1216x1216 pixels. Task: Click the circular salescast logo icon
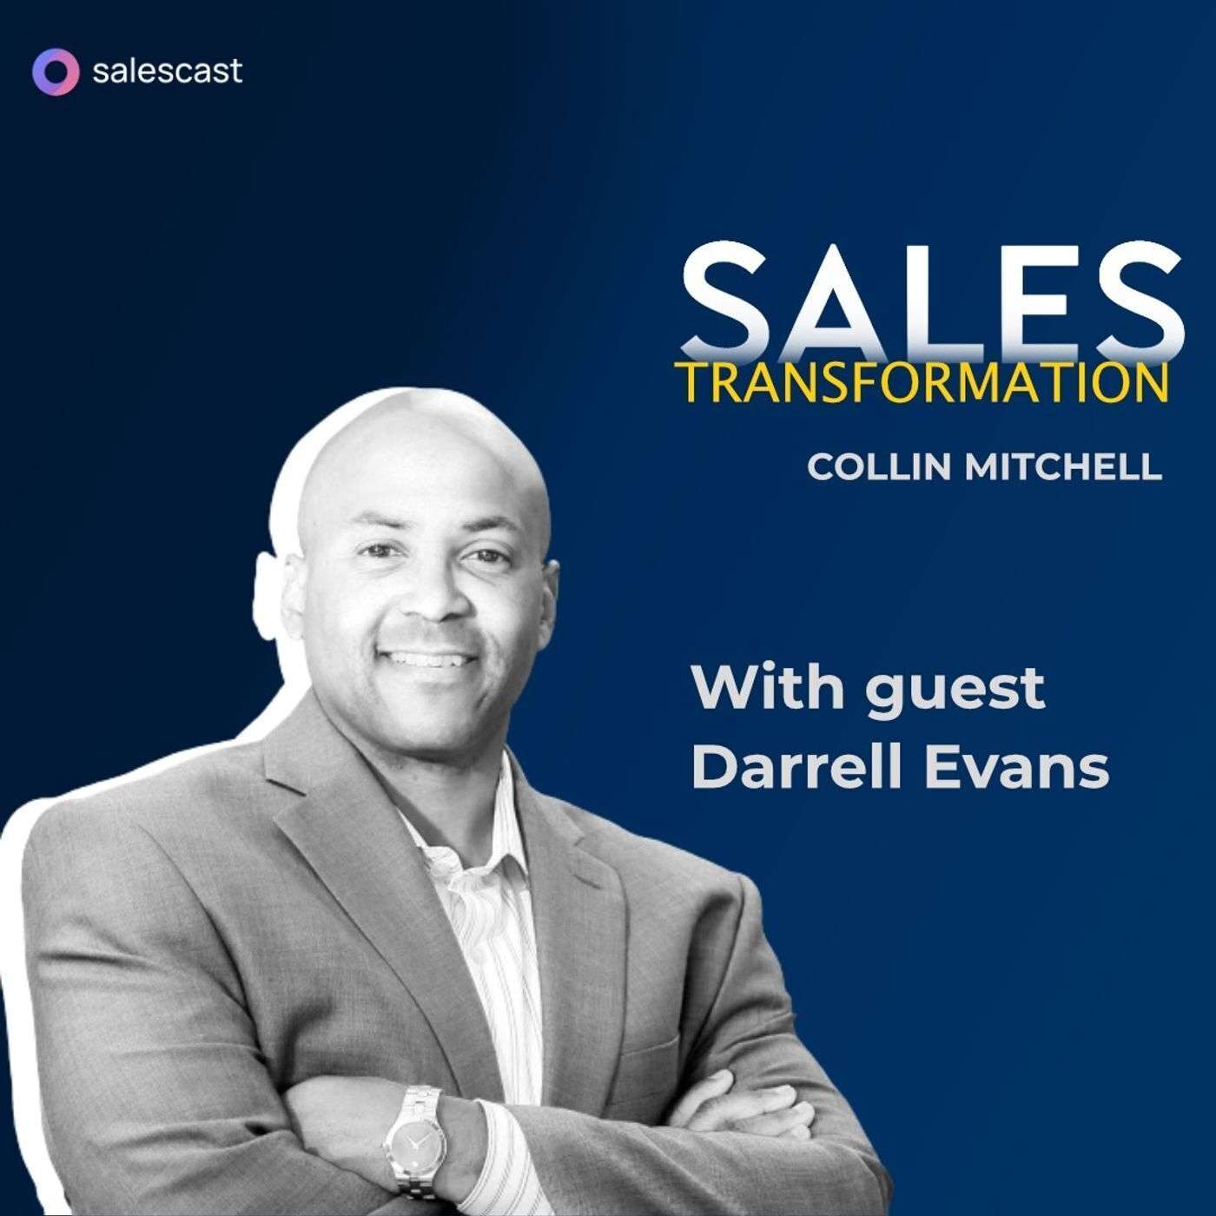[55, 71]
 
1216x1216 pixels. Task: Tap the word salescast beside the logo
[167, 71]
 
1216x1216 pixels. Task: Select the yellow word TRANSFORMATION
[922, 383]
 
